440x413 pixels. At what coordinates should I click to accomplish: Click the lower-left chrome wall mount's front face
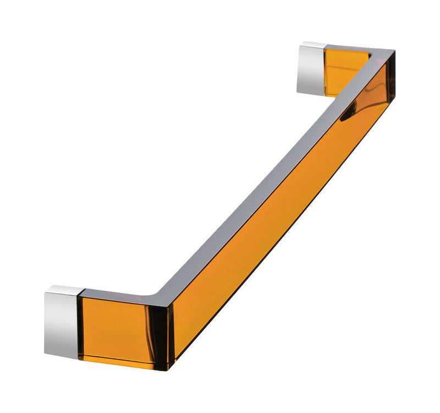tap(62, 325)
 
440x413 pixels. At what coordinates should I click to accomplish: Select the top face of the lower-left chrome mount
tap(64, 289)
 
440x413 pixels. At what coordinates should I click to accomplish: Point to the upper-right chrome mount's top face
tap(313, 45)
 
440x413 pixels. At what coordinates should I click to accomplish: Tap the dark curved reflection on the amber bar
tap(349, 113)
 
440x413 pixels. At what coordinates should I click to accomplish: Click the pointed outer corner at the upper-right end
tap(394, 53)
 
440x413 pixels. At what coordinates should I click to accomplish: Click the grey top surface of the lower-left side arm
tap(121, 295)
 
